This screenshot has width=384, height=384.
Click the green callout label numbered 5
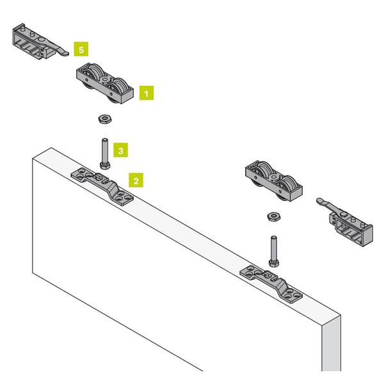point(81,49)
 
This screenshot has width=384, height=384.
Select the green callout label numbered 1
point(147,93)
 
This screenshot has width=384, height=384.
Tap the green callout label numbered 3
point(120,150)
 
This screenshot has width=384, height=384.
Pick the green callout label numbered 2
point(136,180)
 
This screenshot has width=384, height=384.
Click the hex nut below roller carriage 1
point(106,119)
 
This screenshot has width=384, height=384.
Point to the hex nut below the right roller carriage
point(274,216)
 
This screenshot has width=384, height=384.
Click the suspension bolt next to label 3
point(105,154)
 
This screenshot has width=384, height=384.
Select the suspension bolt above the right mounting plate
point(274,252)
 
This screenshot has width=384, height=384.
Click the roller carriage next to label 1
point(105,83)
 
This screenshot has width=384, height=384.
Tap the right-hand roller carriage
point(274,181)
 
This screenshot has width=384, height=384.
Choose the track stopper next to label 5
point(41,42)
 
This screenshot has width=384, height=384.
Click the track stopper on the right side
point(345,222)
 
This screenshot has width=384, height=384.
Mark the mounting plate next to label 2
point(102,187)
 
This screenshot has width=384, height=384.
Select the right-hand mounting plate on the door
point(271,284)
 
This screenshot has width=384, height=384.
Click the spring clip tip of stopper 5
point(66,54)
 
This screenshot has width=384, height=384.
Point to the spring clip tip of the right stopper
point(319,201)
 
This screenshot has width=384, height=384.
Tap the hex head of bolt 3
point(105,166)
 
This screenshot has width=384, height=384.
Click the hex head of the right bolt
point(274,263)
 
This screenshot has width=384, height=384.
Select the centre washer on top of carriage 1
point(106,79)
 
